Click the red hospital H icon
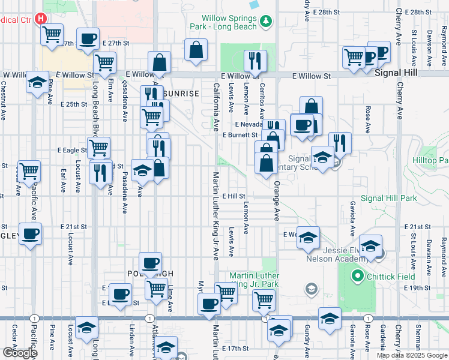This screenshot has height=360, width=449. point(41,19)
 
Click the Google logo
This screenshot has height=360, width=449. point(20,352)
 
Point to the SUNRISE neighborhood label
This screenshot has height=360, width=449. point(181,94)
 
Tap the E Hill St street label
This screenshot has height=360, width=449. point(234,196)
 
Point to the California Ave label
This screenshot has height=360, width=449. point(215,107)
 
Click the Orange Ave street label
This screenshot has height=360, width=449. point(277,202)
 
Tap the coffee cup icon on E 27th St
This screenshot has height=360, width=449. point(89,38)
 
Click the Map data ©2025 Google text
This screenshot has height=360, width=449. point(411,355)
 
